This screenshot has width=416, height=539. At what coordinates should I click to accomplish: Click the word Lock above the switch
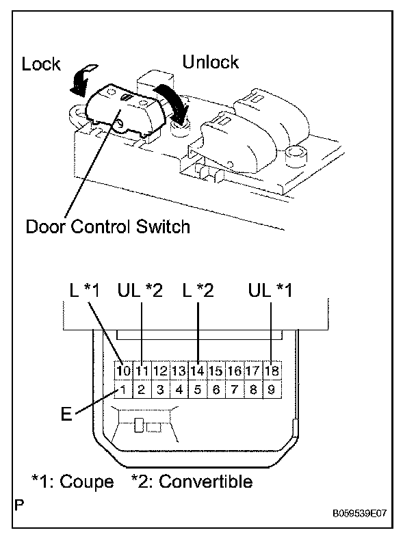41,65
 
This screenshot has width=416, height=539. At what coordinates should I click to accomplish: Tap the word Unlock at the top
211,62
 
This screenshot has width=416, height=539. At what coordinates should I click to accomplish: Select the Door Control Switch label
107,226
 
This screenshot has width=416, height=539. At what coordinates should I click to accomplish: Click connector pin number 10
122,371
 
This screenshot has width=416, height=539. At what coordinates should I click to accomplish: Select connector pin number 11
142,371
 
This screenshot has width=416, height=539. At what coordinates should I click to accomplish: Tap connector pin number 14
198,371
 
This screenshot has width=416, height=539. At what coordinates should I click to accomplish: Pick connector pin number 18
272,371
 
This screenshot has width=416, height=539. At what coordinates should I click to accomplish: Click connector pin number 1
122,391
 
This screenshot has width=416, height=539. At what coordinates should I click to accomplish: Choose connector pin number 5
198,391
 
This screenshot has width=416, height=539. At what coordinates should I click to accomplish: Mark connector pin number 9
272,391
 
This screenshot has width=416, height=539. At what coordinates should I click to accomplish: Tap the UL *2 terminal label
141,291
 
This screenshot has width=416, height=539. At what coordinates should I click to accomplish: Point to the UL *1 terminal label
271,291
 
